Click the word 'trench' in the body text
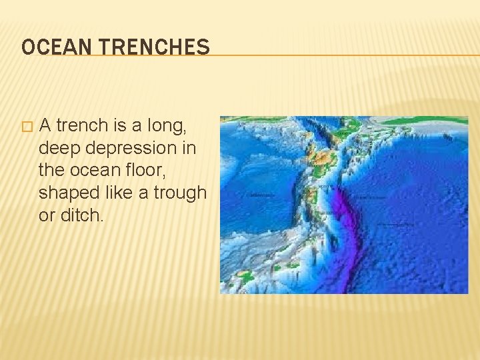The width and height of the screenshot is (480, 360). pos(81,125)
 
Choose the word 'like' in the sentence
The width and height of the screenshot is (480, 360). pos(119,193)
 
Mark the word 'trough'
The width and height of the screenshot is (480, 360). pos(181,193)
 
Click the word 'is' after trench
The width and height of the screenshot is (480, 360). pos(117,125)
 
